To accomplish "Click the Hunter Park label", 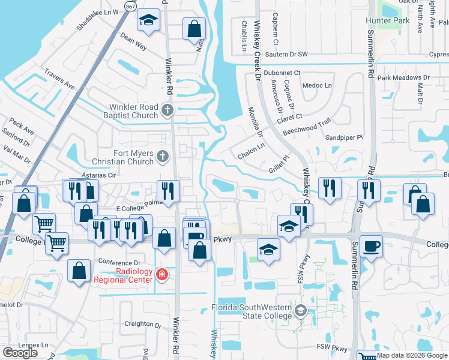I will click(387, 20).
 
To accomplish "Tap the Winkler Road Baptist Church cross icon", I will click(167, 110).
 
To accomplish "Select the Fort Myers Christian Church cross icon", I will click(161, 157).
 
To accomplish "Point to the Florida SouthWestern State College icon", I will click(300, 310).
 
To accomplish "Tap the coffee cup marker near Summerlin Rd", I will click(371, 245).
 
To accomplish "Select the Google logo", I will click(20, 353).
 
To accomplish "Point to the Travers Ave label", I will click(59, 82).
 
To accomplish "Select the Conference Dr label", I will click(119, 263).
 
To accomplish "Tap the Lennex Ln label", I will click(32, 345).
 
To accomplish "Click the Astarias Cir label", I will click(98, 175).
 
